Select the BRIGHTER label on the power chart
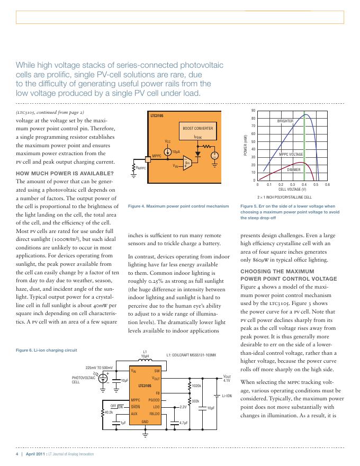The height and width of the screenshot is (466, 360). tap(285, 121)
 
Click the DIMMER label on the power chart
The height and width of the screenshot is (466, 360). tap(294, 169)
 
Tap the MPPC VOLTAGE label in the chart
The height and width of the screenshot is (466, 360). tap(291, 154)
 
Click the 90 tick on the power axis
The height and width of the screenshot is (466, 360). tap(253, 111)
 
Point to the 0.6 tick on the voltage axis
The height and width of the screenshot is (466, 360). tap(327, 184)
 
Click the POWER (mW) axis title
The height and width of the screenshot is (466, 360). tap(246, 145)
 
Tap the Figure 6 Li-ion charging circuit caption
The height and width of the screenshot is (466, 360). tap(47, 350)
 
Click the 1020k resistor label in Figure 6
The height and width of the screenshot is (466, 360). tap(196, 386)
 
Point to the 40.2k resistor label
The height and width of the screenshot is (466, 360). tap(109, 411)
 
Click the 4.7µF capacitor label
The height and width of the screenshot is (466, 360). tap(184, 423)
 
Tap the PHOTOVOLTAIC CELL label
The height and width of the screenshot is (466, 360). tap(84, 380)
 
